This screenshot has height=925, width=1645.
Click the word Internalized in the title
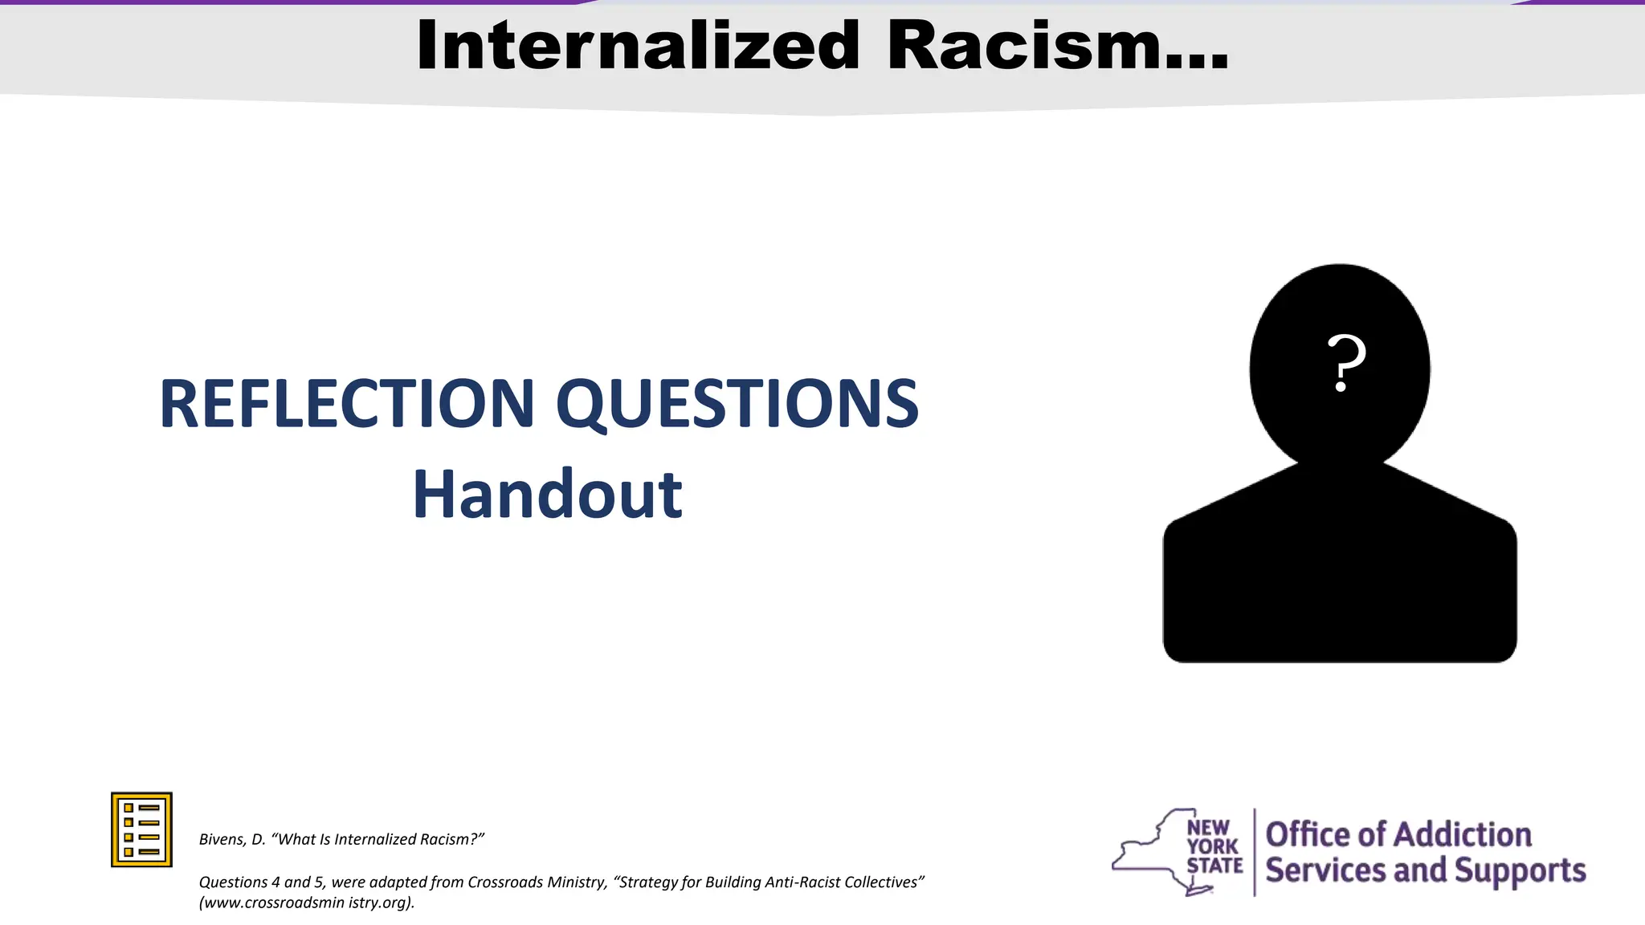coord(639,46)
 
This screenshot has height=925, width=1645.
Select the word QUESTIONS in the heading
coord(737,404)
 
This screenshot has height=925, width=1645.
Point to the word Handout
coord(547,495)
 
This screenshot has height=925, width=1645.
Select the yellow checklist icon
coord(141,829)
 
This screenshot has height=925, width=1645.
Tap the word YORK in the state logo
coord(1213,846)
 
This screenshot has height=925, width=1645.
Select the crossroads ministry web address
coord(307,903)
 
